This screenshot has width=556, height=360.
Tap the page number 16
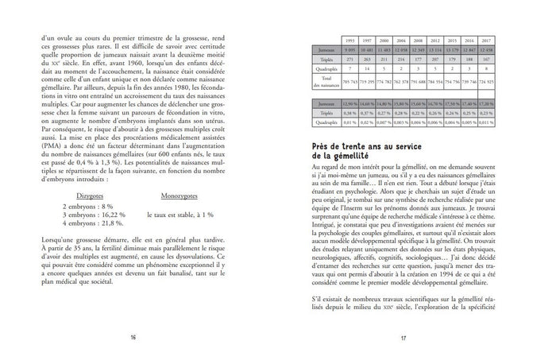coord(132,338)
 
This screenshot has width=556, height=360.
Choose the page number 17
coord(403,338)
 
